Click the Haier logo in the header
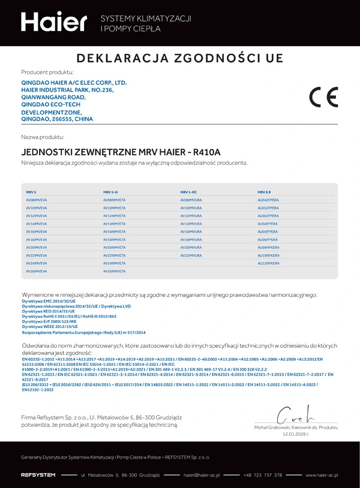[x=54, y=22]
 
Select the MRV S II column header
[x=265, y=191]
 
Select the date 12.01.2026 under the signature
[x=295, y=433]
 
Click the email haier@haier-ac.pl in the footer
[x=202, y=475]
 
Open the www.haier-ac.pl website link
[x=322, y=475]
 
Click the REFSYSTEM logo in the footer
[x=38, y=475]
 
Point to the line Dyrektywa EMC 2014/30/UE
[x=49, y=302]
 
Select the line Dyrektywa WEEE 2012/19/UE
[x=50, y=326]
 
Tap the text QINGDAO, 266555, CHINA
[x=57, y=119]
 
